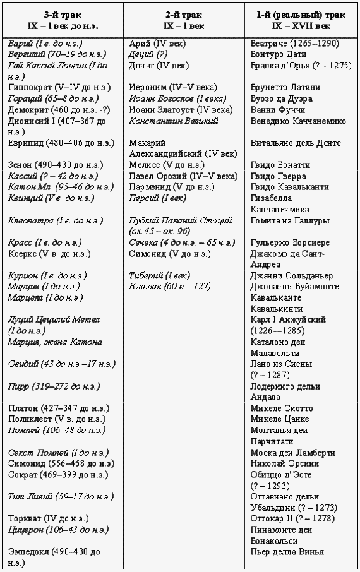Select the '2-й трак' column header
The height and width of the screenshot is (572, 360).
point(183,15)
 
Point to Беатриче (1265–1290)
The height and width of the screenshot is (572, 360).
point(294,44)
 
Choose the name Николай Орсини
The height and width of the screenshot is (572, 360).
point(284,463)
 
